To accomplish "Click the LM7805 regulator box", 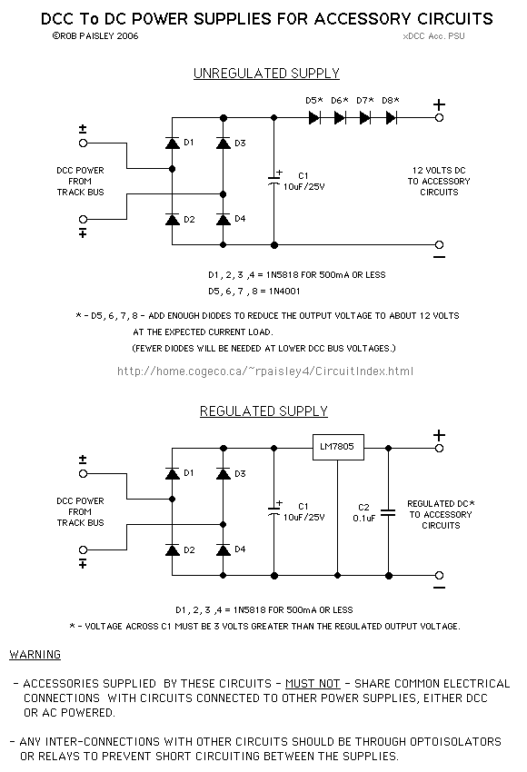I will click(x=337, y=448).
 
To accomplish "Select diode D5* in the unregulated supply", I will click(x=314, y=118).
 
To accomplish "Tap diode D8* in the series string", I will click(x=391, y=118).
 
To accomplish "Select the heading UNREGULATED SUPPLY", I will click(x=266, y=74).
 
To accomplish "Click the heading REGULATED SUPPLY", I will click(x=263, y=411).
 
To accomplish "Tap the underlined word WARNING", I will click(x=35, y=654).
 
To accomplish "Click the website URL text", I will click(x=265, y=371).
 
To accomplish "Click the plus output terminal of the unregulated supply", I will click(x=439, y=118).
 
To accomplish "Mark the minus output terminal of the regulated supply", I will click(x=439, y=576).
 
